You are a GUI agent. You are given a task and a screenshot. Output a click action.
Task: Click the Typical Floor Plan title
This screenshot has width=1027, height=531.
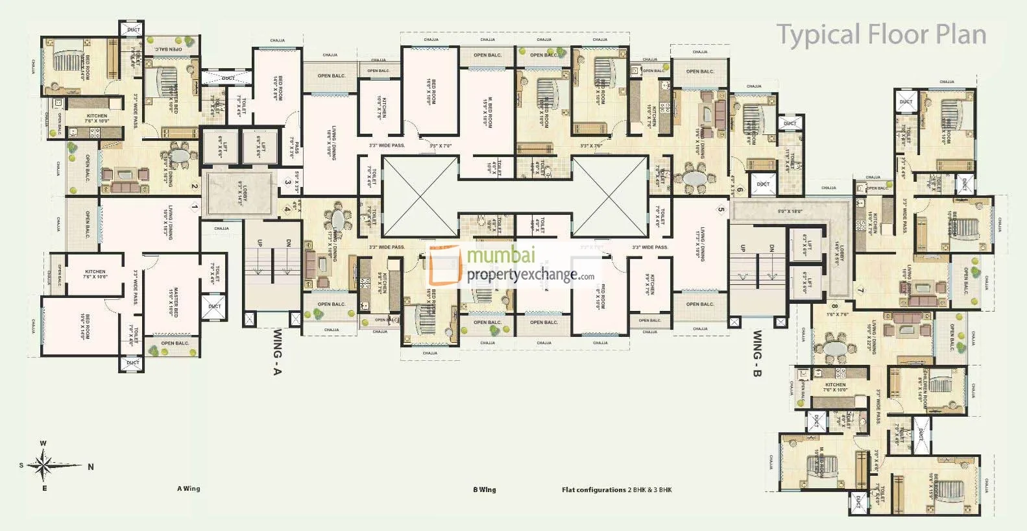click(881, 34)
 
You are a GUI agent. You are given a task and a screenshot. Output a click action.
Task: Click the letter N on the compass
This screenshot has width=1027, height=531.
click(91, 467)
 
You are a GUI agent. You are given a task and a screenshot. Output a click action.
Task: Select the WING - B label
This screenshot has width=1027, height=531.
click(757, 354)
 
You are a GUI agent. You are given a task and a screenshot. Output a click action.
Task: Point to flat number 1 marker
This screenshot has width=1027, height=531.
click(194, 208)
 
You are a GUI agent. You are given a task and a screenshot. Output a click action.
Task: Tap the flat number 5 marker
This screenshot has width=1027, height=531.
click(720, 209)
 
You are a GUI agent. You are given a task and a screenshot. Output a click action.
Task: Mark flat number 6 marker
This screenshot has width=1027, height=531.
click(740, 190)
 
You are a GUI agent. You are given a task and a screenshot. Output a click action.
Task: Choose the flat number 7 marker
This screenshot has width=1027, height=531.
click(860, 290)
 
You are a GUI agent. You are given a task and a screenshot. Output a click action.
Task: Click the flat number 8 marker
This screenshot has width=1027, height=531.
click(835, 306)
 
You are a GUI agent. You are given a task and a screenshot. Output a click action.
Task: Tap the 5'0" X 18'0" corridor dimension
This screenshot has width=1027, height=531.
click(790, 211)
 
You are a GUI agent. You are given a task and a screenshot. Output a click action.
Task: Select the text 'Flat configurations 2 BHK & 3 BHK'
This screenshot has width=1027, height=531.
click(616, 490)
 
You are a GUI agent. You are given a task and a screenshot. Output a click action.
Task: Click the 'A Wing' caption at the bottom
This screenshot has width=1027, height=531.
click(188, 489)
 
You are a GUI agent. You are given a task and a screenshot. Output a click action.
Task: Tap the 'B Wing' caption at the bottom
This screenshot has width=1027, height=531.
click(484, 490)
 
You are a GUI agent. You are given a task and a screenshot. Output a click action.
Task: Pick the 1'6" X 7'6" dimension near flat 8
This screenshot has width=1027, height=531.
click(838, 314)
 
